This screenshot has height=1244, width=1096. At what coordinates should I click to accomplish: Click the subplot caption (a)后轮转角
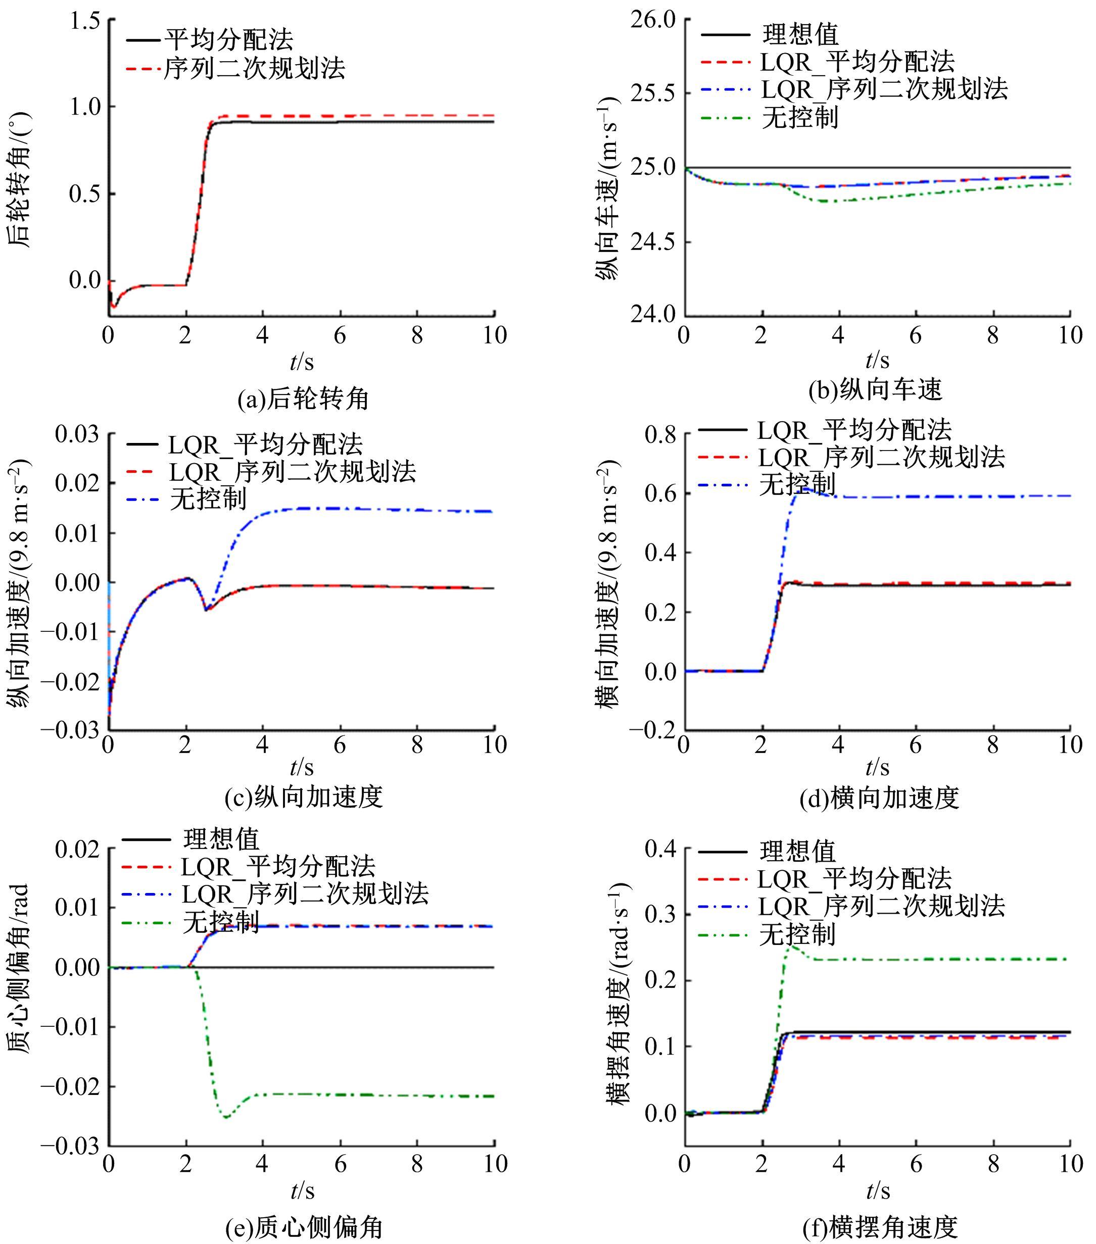(303, 399)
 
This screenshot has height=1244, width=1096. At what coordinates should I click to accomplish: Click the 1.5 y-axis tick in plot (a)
(85, 21)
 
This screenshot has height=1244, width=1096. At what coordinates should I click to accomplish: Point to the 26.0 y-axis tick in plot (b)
(653, 20)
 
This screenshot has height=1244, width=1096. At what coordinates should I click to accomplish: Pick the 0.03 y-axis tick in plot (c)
(77, 434)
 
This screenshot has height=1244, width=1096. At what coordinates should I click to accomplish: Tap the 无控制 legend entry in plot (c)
(208, 499)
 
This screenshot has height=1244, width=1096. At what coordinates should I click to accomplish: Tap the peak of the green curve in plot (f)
(790, 947)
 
